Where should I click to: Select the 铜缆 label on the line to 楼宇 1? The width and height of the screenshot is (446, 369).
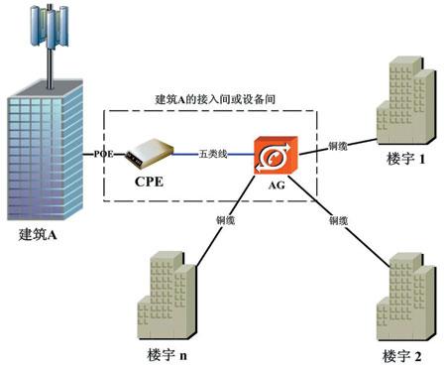[337, 146]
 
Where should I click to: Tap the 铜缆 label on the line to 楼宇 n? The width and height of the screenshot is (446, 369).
[226, 219]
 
